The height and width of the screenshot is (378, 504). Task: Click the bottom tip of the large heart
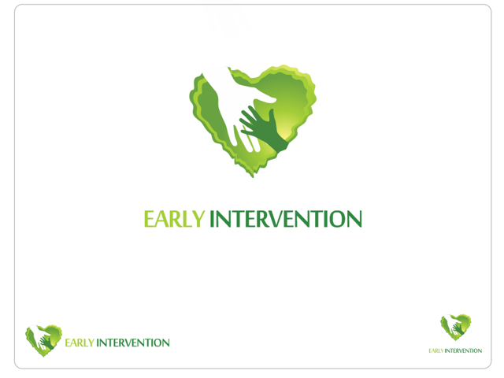252,175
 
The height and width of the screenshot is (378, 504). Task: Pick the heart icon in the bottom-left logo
44,339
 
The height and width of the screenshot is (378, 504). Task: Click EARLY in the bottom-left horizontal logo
80,343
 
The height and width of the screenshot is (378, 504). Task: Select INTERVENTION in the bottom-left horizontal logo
132,343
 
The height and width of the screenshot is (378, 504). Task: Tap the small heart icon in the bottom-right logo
455,327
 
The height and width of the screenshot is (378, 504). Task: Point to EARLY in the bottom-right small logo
436,350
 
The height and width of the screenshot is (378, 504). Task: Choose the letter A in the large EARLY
163,219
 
